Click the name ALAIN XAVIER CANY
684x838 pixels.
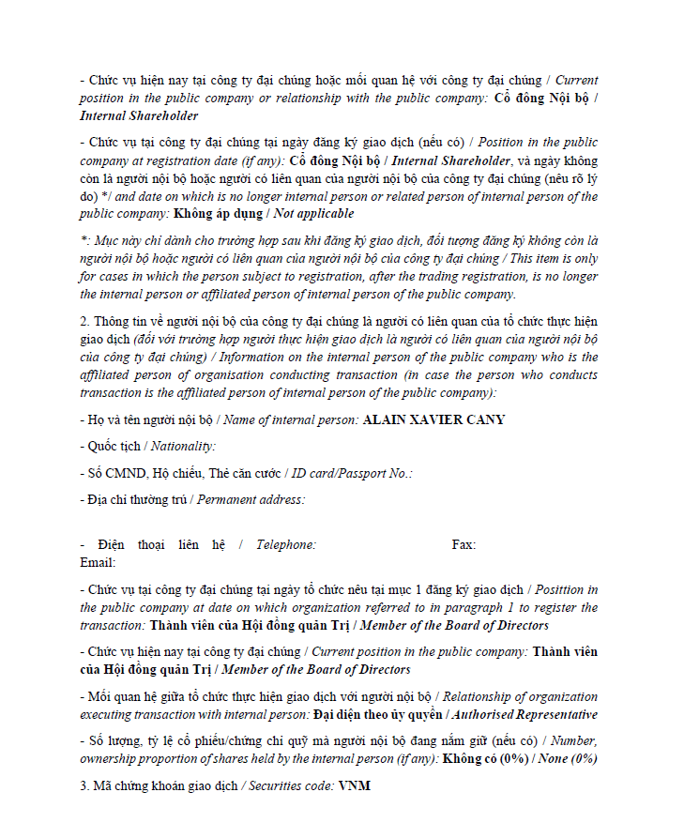coord(433,419)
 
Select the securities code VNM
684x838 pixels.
coord(355,785)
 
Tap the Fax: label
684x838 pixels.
coord(464,544)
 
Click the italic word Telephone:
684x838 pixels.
coord(286,544)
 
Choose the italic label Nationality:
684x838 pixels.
coord(183,447)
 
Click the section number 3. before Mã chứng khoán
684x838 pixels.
coord(84,785)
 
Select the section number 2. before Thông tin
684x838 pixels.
coord(84,321)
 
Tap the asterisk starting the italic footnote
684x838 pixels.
coord(83,241)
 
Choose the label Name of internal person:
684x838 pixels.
coord(290,419)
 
